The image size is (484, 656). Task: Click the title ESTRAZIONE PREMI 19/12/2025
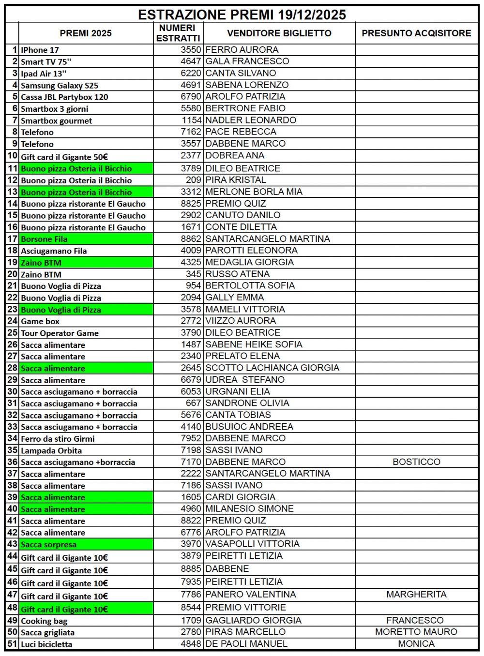(x=242, y=15)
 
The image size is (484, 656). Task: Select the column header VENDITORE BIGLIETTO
(x=279, y=33)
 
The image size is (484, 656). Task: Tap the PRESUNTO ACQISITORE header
(x=416, y=33)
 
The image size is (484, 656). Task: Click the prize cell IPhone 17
(x=40, y=50)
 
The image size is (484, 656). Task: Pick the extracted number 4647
(x=191, y=61)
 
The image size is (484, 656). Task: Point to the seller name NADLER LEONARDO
(x=251, y=120)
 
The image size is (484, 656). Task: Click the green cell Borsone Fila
(x=44, y=239)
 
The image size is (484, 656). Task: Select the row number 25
(x=13, y=333)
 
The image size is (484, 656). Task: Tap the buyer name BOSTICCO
(x=416, y=462)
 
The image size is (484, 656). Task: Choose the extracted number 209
(x=194, y=180)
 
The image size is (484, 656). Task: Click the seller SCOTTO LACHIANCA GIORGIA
(x=272, y=368)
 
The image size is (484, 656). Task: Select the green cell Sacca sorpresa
(x=48, y=544)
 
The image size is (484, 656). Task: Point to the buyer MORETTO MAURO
(x=416, y=632)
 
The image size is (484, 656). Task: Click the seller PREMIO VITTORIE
(x=245, y=607)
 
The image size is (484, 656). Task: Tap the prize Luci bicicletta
(x=46, y=644)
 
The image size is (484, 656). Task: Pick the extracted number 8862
(x=191, y=239)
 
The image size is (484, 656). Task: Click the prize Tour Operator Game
(x=60, y=333)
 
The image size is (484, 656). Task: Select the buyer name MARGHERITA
(x=416, y=594)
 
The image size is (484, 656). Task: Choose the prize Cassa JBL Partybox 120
(x=64, y=97)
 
